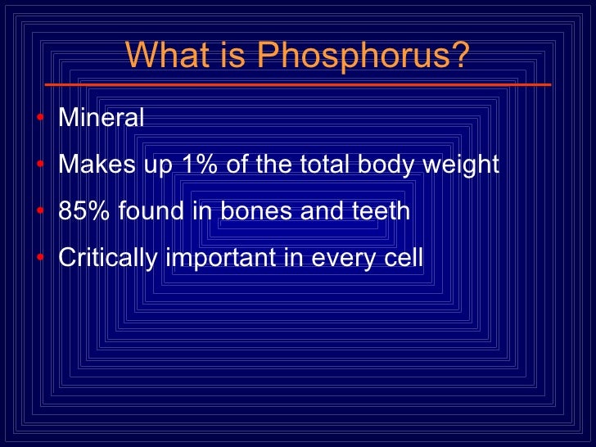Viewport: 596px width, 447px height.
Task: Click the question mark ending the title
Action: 460,56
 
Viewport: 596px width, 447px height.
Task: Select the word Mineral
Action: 102,118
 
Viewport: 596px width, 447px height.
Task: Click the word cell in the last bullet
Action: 404,258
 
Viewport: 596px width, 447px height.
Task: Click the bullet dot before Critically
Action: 41,259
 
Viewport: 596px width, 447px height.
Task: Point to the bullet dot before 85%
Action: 41,212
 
